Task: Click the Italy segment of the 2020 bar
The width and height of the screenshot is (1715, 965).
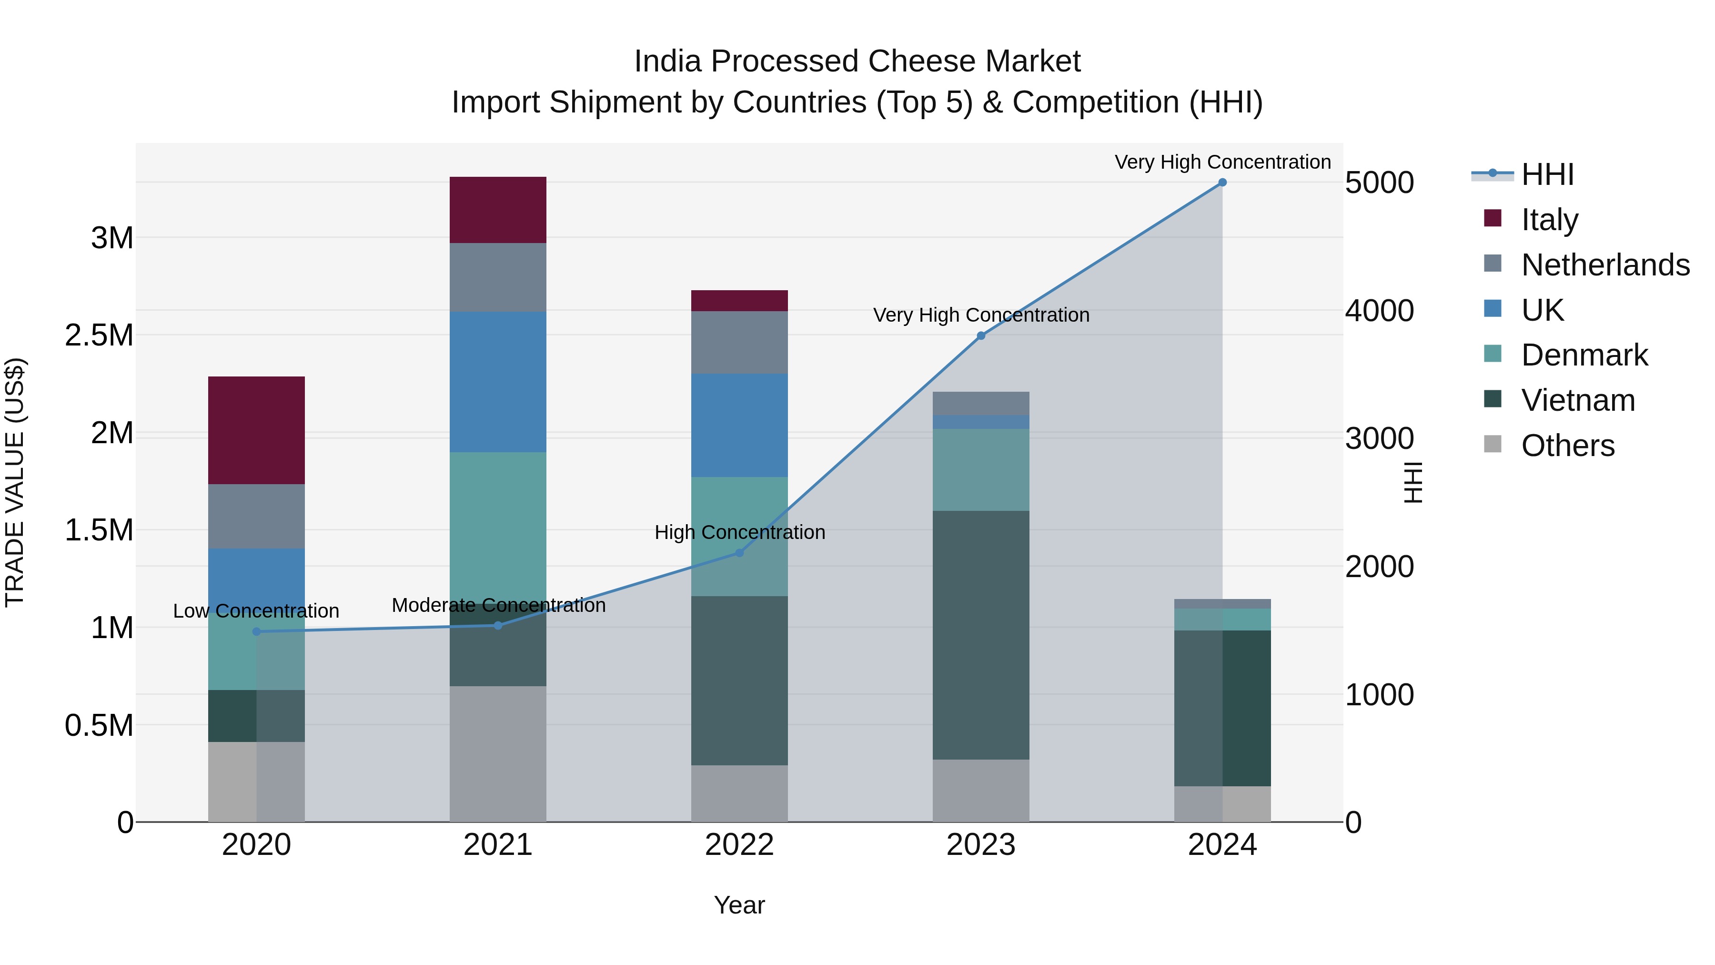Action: [256, 430]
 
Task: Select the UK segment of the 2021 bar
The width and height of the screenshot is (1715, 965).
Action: [498, 382]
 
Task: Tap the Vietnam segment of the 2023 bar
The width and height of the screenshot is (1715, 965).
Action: [981, 635]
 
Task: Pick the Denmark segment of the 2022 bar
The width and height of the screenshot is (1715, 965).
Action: [739, 536]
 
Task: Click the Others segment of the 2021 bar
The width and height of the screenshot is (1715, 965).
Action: [498, 753]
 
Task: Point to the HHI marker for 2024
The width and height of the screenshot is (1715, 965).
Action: [1222, 183]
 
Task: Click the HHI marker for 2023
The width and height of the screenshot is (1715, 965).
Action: [981, 335]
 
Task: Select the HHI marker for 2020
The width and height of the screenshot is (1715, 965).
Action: [256, 631]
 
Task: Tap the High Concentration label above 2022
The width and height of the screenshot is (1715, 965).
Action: [740, 532]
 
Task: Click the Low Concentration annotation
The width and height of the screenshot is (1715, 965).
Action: [256, 611]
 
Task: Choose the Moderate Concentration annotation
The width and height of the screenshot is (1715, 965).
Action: [499, 605]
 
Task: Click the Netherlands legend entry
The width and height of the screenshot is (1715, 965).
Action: [1605, 265]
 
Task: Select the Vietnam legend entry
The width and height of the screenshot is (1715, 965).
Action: [1578, 400]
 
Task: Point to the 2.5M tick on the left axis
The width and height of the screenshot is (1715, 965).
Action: [99, 335]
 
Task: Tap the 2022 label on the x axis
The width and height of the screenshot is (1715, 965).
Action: [739, 845]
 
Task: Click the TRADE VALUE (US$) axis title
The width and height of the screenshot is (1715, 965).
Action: [15, 482]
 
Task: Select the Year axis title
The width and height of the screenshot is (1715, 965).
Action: [739, 905]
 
